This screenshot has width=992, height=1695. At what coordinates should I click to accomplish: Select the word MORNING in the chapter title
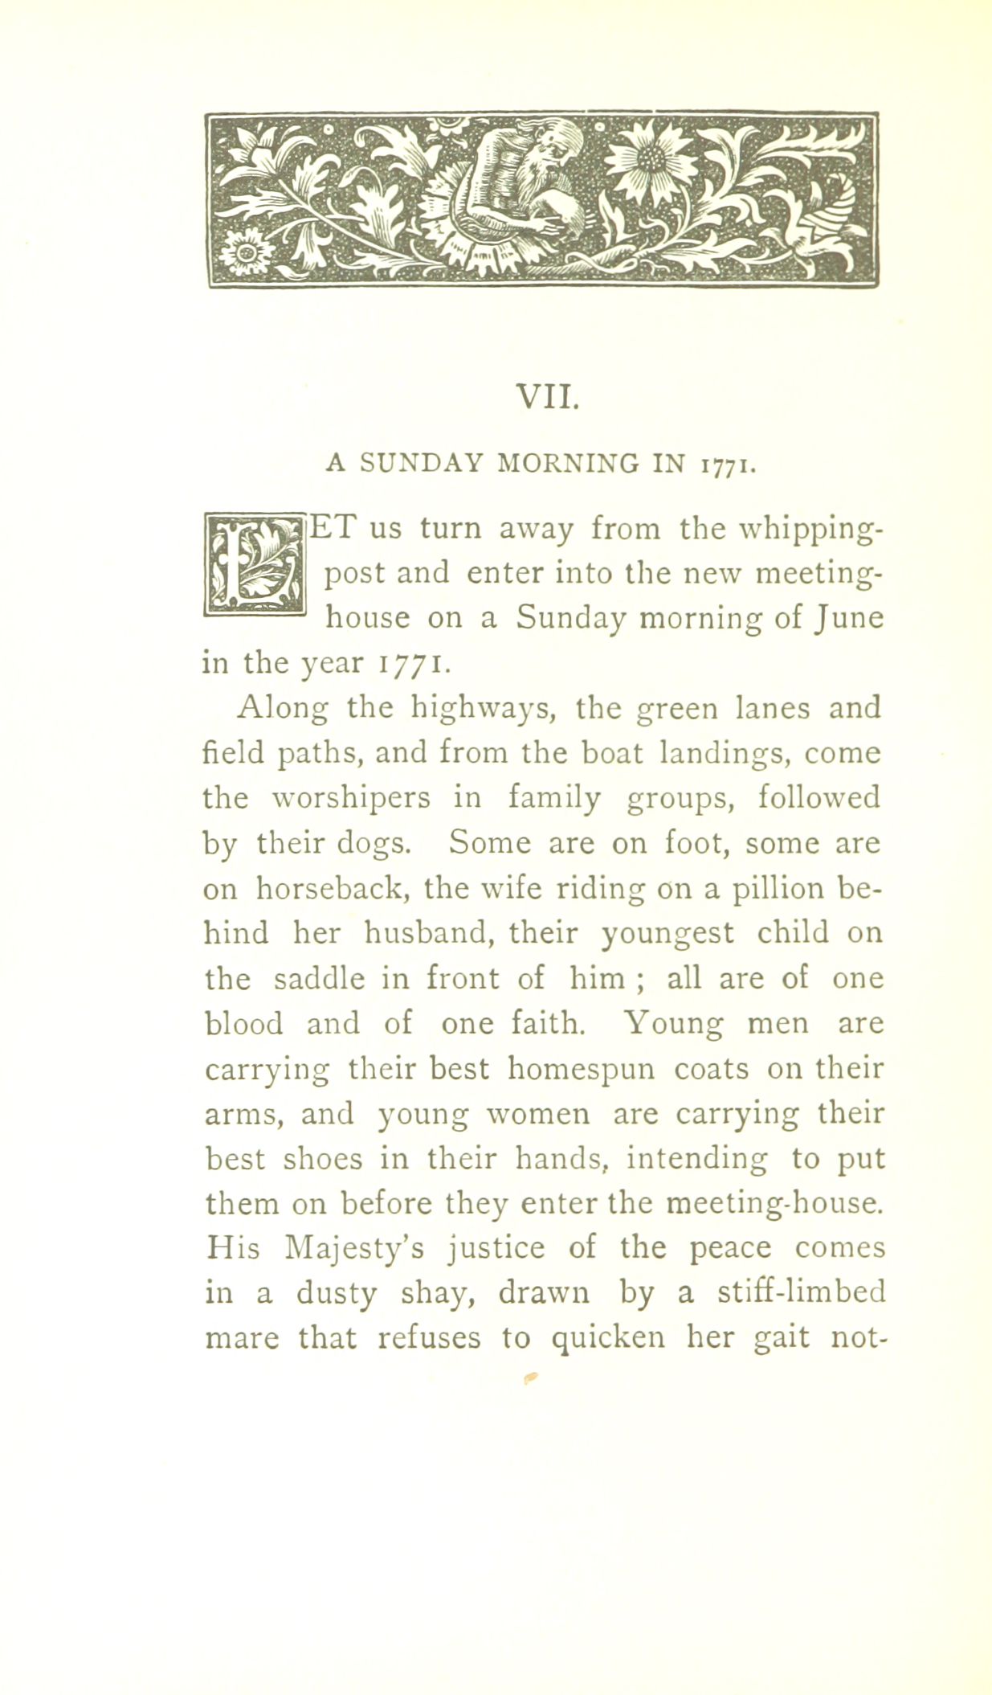(569, 464)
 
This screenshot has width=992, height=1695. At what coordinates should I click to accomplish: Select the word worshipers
(351, 799)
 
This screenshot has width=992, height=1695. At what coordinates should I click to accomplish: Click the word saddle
(319, 979)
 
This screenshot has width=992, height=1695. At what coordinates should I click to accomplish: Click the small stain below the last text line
(529, 1378)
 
